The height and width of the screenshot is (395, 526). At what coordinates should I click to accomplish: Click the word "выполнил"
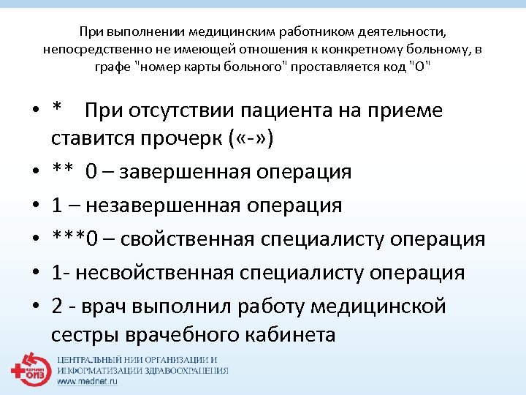[x=187, y=306]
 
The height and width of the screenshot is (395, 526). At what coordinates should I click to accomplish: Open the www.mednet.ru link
[x=86, y=382]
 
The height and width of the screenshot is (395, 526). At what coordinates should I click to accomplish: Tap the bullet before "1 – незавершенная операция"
[x=35, y=206]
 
